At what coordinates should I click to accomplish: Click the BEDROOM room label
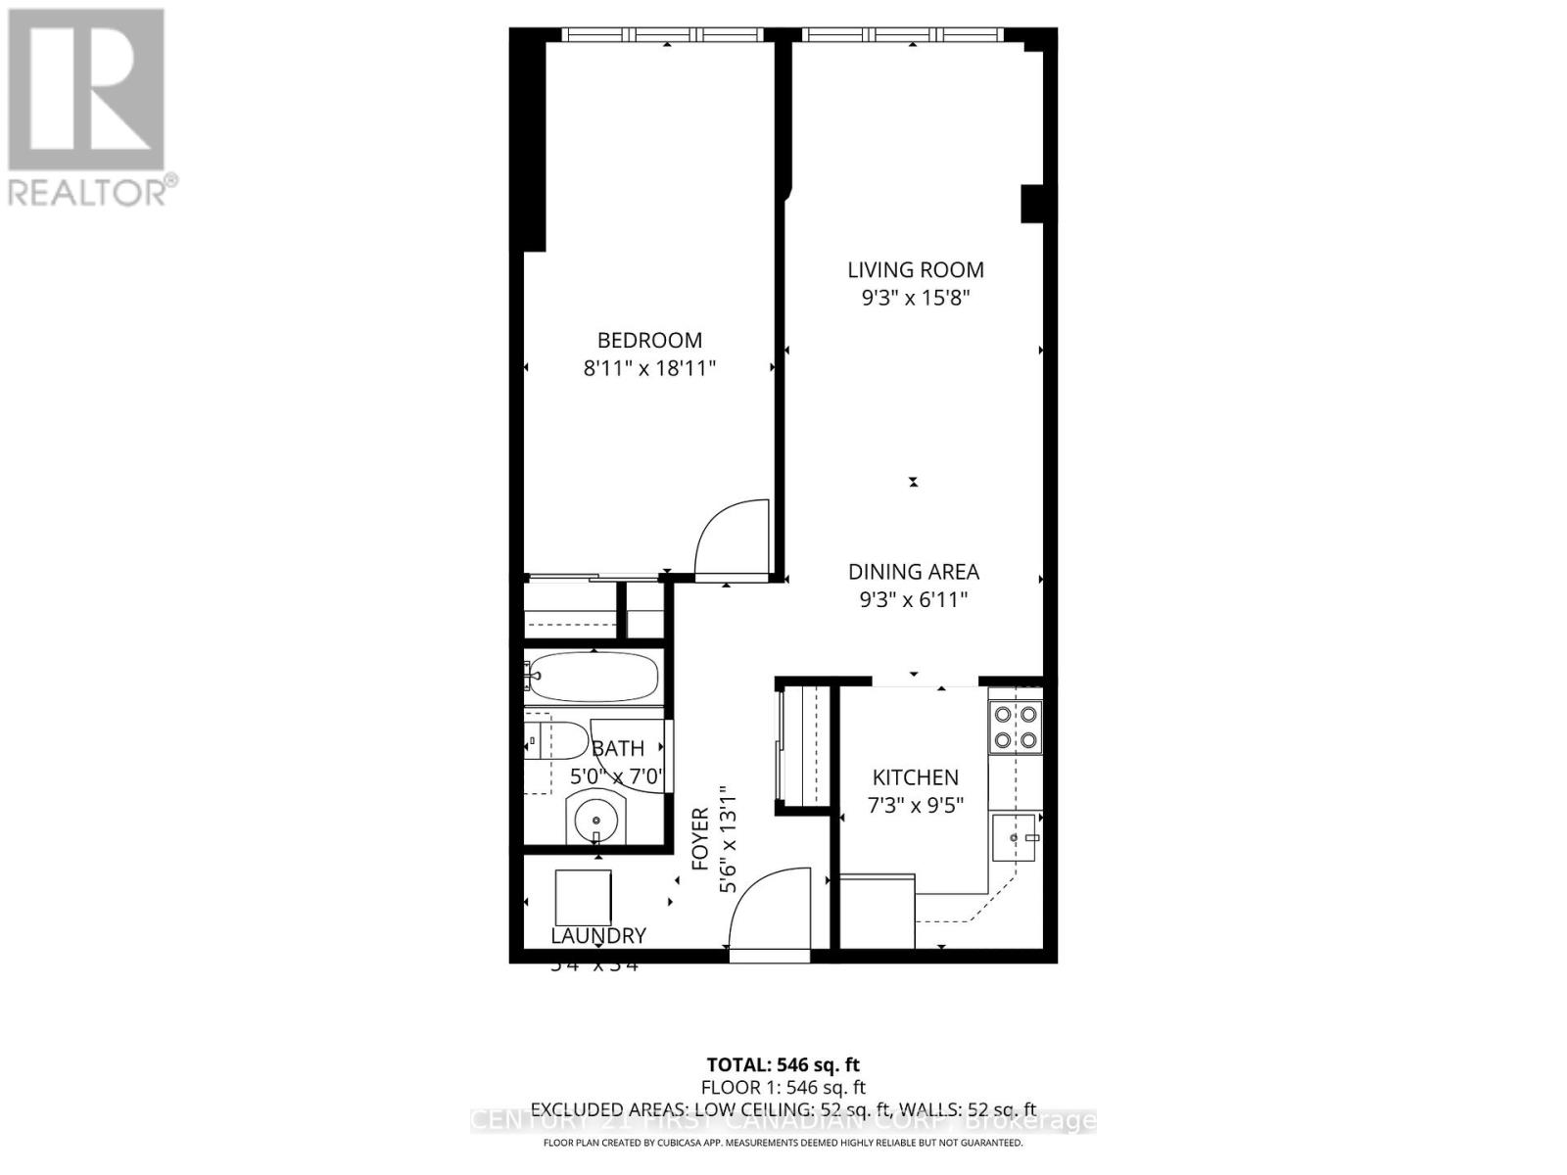pyautogui.click(x=649, y=340)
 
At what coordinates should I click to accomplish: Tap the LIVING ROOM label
pyautogui.click(x=916, y=269)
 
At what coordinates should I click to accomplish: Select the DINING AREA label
pyautogui.click(x=913, y=572)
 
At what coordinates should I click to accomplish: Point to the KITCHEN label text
pyautogui.click(x=915, y=777)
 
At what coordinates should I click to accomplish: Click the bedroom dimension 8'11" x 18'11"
pyautogui.click(x=649, y=368)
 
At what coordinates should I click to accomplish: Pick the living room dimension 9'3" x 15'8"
pyautogui.click(x=916, y=298)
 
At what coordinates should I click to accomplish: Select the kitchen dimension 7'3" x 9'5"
pyautogui.click(x=916, y=806)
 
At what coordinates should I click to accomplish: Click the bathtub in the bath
pyautogui.click(x=593, y=676)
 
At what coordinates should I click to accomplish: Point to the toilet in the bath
pyautogui.click(x=556, y=740)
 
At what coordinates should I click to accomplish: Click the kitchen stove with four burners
pyautogui.click(x=1015, y=727)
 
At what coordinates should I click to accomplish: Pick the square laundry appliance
pyautogui.click(x=583, y=897)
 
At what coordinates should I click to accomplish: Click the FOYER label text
pyautogui.click(x=700, y=839)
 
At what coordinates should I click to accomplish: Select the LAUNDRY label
pyautogui.click(x=598, y=936)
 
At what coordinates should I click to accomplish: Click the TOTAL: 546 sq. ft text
pyautogui.click(x=783, y=1064)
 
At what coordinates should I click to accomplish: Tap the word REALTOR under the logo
pyautogui.click(x=86, y=192)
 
